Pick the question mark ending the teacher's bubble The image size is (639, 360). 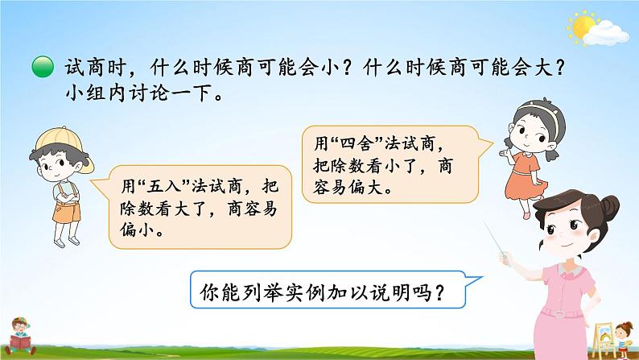click(458, 294)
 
